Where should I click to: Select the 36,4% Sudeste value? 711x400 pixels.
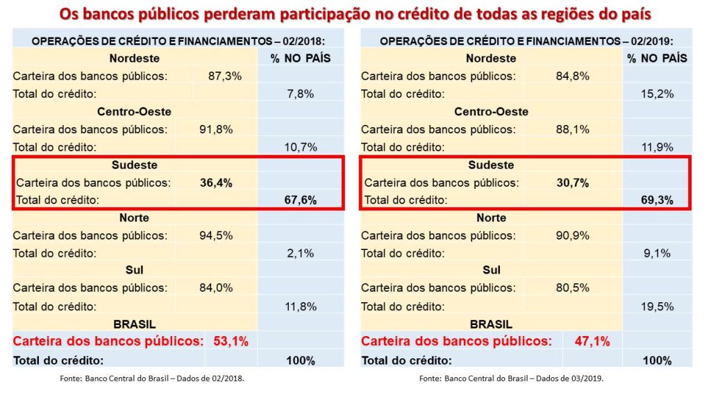pyautogui.click(x=215, y=183)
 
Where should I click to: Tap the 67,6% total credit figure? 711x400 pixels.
pyautogui.click(x=301, y=200)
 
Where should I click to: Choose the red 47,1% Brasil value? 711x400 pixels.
pyautogui.click(x=592, y=341)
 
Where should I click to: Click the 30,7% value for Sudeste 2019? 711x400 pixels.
pyautogui.click(x=573, y=183)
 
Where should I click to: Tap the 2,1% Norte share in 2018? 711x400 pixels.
pyautogui.click(x=301, y=253)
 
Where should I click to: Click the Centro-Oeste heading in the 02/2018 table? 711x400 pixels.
pyautogui.click(x=134, y=111)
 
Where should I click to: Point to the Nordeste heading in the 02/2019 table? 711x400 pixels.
pyautogui.click(x=492, y=58)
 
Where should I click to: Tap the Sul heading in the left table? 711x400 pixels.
pyautogui.click(x=134, y=270)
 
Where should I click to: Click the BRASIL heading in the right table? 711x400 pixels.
pyautogui.click(x=492, y=324)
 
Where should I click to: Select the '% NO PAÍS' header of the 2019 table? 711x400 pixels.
pyautogui.click(x=657, y=58)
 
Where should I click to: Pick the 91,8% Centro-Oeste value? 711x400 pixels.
pyautogui.click(x=215, y=129)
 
